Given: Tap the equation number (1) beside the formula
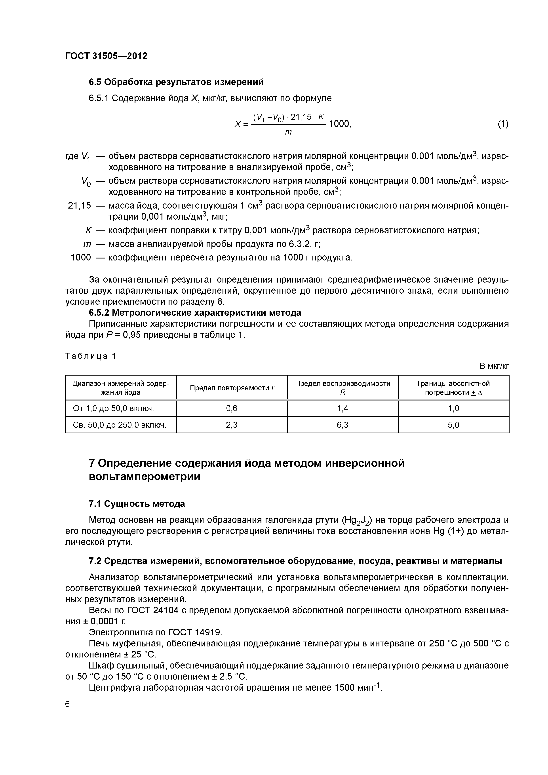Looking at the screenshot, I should click(503, 124).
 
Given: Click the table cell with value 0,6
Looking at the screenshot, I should click(232, 408).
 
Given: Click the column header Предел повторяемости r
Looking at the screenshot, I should click(232, 388).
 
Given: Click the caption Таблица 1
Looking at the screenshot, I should click(91, 356).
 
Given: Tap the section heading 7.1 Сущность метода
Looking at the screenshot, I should click(137, 504).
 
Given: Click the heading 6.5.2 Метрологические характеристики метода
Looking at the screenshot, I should click(195, 313).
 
